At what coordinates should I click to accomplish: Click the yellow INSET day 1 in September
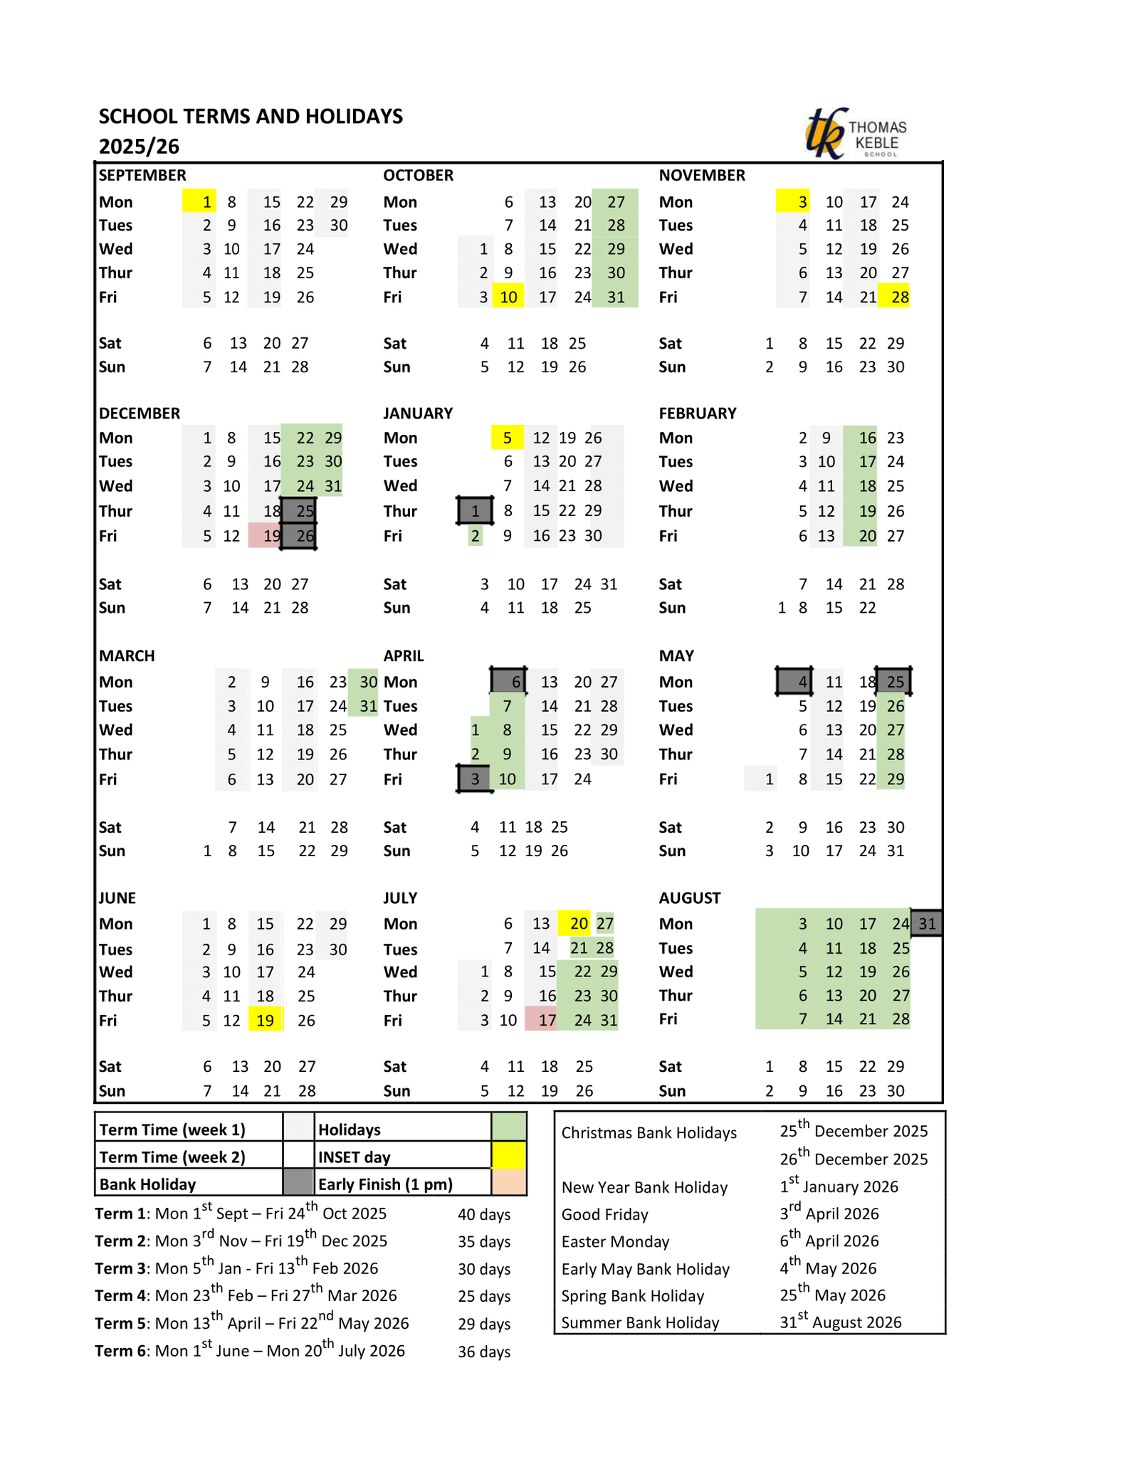tap(199, 201)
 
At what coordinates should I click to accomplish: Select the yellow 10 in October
tap(508, 297)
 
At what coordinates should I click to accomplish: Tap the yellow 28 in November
tap(894, 297)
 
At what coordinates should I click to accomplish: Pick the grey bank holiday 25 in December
tap(299, 511)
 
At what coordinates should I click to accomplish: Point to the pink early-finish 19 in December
tap(265, 536)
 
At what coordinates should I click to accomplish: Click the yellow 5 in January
tap(507, 438)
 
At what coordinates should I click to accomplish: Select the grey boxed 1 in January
tap(475, 511)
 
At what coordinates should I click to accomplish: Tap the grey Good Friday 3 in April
tap(474, 779)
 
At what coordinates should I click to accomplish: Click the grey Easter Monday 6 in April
tap(508, 682)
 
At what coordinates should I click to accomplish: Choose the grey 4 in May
tap(794, 682)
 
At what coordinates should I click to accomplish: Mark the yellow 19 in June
tap(266, 1020)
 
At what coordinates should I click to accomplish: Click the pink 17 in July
tap(541, 1020)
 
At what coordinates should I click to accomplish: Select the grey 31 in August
tap(927, 924)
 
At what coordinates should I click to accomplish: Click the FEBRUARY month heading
tap(697, 414)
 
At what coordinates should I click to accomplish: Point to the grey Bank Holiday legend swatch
tap(298, 1184)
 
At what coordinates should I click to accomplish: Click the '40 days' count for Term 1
tap(484, 1215)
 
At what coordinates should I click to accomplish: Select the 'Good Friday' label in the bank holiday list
tap(604, 1214)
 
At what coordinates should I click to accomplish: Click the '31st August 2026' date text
tap(840, 1322)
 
